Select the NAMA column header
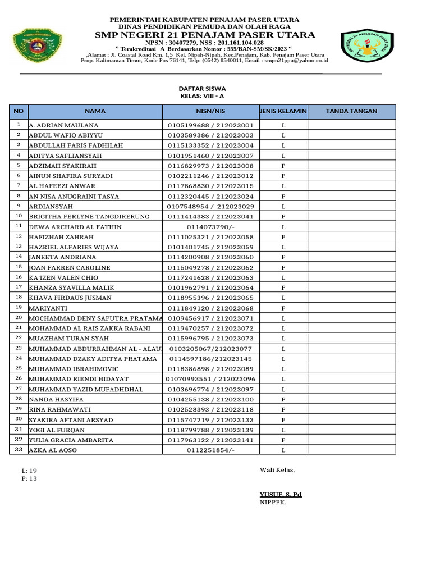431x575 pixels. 95,112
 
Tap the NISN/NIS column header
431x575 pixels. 210,112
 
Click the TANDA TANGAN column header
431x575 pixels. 351,112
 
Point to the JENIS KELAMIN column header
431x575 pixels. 283,112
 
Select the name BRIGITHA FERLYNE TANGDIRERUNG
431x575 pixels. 89,217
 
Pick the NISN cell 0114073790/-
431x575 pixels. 210,227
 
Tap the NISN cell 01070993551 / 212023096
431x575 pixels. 210,379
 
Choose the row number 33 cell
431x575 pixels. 19,450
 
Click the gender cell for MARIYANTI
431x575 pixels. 283,308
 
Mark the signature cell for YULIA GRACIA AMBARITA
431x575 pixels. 351,440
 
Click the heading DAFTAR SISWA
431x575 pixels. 202,89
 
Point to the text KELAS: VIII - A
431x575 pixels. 202,96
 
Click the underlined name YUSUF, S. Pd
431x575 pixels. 281,494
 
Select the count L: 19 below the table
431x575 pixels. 29,471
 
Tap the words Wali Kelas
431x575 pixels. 277,470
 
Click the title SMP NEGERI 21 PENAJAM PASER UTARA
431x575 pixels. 205,35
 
